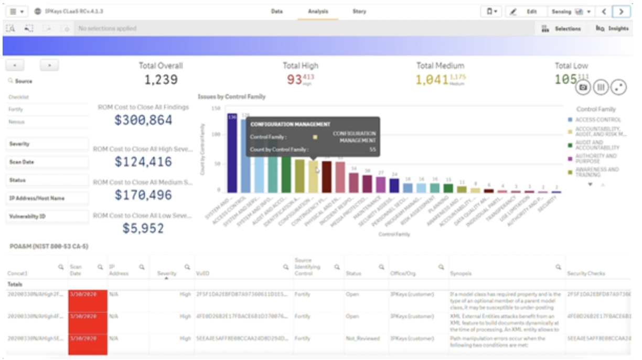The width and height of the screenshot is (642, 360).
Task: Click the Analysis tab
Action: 318,11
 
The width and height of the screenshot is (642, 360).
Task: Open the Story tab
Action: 359,11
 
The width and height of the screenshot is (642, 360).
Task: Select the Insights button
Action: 612,28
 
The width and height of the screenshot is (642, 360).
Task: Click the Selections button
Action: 561,28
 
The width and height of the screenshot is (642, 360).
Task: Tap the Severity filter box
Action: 47,144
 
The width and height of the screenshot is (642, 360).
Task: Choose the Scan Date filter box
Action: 47,162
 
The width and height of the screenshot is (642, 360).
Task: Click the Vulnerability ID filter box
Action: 47,216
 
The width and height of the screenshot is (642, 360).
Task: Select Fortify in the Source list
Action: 16,109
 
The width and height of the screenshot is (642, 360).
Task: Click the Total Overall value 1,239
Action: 160,80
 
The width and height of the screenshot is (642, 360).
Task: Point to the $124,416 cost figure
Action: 143,162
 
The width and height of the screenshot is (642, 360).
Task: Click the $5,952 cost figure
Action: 143,228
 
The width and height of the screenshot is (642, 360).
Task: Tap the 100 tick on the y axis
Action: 216,134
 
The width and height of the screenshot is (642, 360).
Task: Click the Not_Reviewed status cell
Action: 362,338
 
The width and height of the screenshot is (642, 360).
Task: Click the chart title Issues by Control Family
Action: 231,97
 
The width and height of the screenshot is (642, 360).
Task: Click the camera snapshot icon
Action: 583,88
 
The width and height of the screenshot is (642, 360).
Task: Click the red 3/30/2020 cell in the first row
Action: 87,294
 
